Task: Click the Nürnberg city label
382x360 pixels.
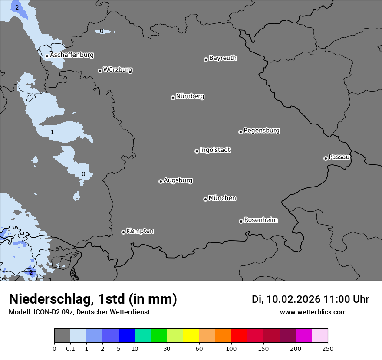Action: pos(190,96)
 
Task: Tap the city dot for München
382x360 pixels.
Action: pos(205,200)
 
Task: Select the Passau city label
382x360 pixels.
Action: pos(339,157)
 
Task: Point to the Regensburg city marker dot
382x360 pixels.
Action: pos(240,132)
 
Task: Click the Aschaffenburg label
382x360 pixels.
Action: pos(72,55)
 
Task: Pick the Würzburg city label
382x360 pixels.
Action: pos(118,70)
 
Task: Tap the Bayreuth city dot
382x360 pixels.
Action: pos(206,60)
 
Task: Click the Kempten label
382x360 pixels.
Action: pos(140,231)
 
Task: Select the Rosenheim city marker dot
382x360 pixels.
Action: pos(241,222)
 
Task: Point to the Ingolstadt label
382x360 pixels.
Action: pos(215,150)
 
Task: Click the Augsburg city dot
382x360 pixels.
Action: pos(161,181)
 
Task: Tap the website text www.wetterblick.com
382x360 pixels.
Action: pos(313,312)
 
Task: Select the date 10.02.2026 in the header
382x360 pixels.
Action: pos(293,299)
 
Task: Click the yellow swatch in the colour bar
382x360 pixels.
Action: pos(191,336)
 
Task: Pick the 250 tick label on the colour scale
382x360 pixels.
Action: pos(328,349)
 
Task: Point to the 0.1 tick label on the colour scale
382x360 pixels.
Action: pos(70,349)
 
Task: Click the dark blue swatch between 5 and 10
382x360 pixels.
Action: pos(126,336)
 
